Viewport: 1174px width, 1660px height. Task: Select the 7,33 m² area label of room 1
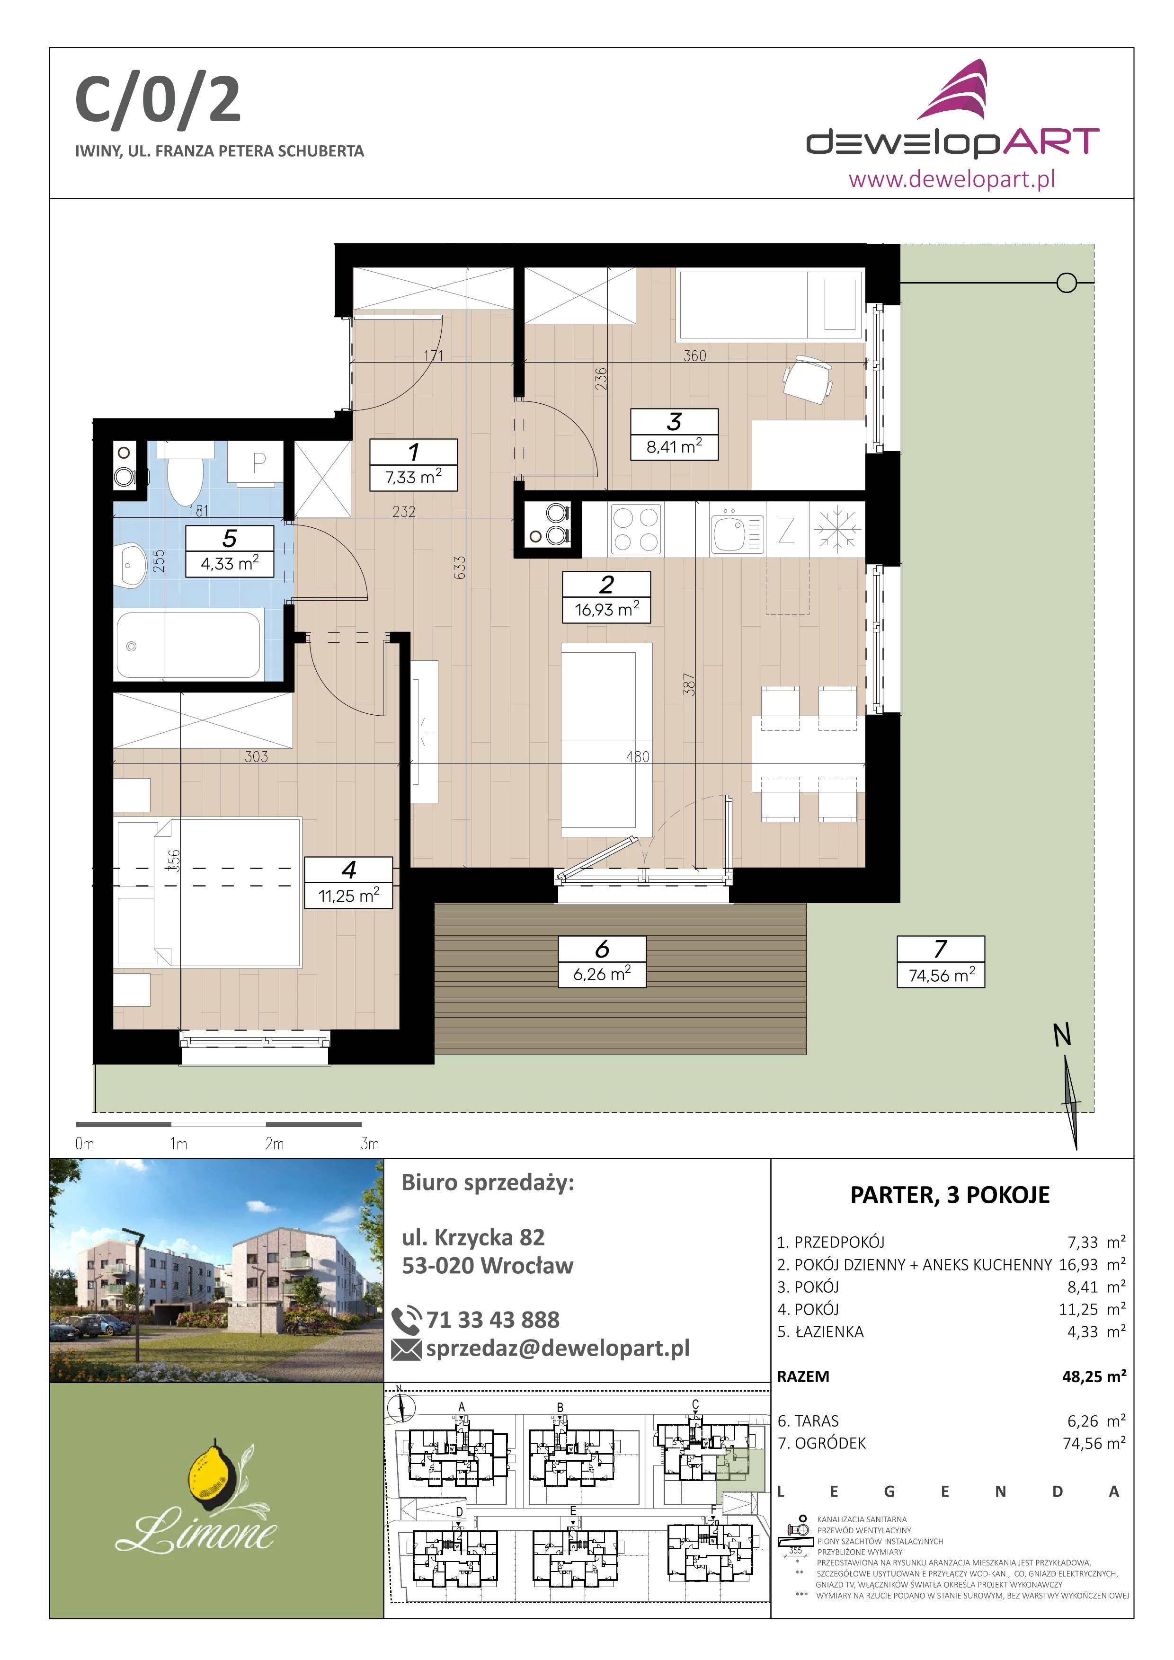point(413,477)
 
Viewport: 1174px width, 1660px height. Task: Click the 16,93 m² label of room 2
point(606,610)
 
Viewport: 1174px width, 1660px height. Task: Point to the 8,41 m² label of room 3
point(675,447)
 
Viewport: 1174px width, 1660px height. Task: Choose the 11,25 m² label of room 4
point(348,896)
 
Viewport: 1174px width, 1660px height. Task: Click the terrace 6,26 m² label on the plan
point(602,974)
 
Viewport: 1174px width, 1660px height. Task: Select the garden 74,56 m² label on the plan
point(941,976)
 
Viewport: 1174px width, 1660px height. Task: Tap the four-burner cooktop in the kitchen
point(636,529)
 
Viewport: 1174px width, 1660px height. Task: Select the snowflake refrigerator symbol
point(837,529)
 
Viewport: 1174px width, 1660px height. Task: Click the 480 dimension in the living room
point(638,756)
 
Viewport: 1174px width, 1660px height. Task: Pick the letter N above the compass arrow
point(1062,1035)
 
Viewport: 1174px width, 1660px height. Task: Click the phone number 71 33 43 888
point(493,1320)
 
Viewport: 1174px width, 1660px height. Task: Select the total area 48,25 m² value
point(1094,1376)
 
